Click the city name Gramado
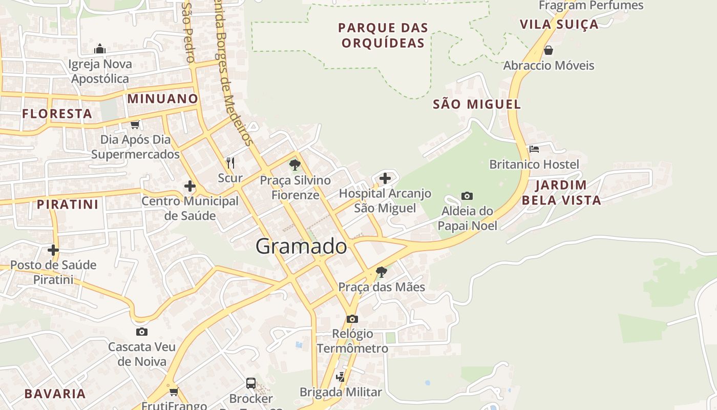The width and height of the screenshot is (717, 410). [x=301, y=247]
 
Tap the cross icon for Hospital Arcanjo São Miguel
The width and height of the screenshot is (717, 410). [x=385, y=178]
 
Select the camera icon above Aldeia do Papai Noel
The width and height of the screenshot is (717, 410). [x=467, y=196]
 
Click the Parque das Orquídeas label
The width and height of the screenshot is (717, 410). [x=383, y=35]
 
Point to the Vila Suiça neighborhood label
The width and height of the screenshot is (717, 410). [x=559, y=24]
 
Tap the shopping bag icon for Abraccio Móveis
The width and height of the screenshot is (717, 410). [x=549, y=50]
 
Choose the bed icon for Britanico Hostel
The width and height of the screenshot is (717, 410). [x=534, y=149]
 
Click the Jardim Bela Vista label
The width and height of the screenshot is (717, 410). [x=561, y=192]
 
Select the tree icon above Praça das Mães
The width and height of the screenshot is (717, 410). [x=381, y=272]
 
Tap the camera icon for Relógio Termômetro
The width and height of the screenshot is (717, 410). [x=352, y=319]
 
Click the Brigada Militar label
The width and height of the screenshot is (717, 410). [x=341, y=392]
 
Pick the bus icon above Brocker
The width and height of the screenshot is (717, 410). [x=251, y=383]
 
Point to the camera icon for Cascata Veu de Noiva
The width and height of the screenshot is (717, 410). [x=142, y=332]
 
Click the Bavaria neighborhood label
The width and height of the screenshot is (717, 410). [x=55, y=394]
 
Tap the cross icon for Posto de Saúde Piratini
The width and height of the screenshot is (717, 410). [x=53, y=250]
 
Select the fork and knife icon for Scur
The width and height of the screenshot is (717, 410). [x=230, y=163]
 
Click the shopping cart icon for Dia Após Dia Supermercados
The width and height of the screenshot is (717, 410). [x=135, y=124]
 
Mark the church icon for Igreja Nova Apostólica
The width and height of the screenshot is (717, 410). [x=100, y=49]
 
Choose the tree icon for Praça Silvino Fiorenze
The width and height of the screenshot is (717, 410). [x=294, y=165]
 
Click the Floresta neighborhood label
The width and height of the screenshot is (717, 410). [x=57, y=113]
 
